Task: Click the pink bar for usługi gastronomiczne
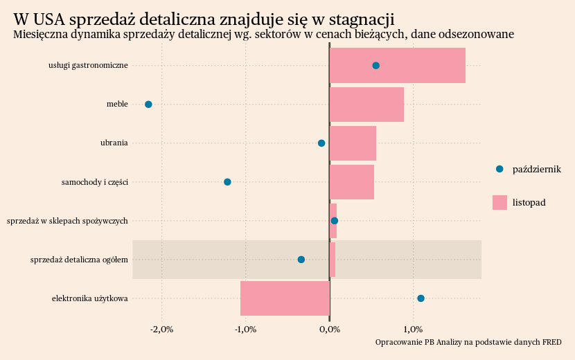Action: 397,65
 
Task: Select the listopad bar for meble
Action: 366,104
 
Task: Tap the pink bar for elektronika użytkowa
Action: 285,298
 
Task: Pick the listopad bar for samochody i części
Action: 351,181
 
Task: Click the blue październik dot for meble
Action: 148,104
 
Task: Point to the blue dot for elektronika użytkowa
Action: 421,298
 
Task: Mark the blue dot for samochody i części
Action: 227,181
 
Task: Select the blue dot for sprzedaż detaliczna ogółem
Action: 301,260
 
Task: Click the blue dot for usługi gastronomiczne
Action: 375,65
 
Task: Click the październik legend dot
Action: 499,169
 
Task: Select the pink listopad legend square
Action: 499,202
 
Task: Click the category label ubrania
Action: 114,143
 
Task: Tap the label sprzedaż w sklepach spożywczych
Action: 67,221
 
